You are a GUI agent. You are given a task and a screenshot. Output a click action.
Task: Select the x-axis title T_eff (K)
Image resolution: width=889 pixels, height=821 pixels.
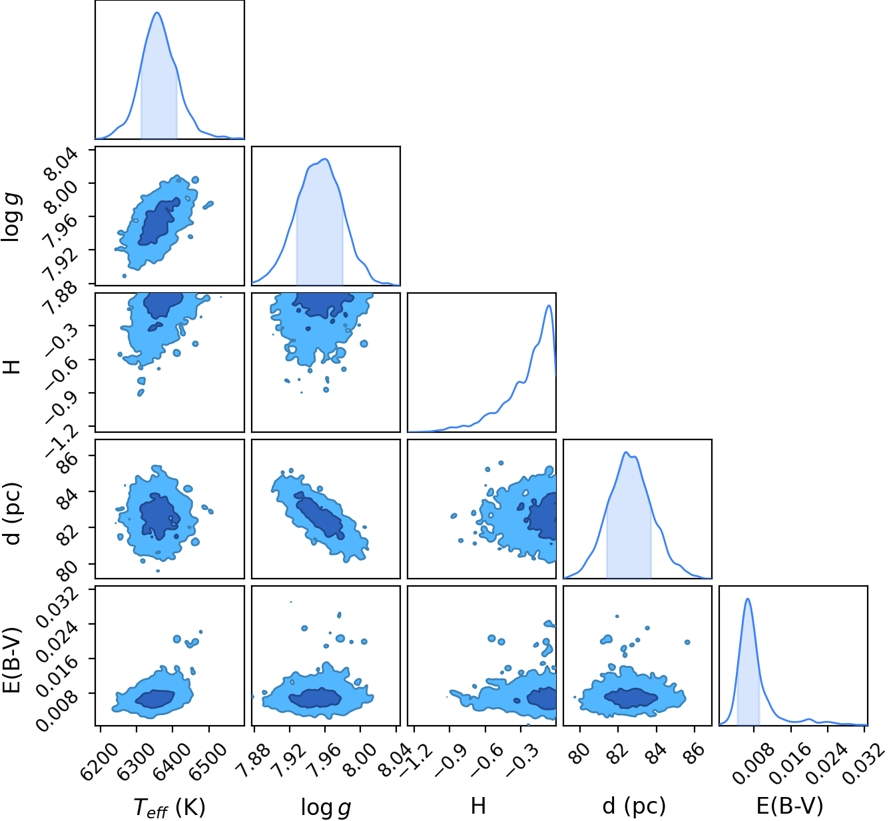[x=170, y=806]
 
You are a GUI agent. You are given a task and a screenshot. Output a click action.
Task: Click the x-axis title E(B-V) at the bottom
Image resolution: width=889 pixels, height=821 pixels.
[x=790, y=805]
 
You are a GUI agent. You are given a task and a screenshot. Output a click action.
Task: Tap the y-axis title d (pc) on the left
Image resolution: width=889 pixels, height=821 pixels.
[x=13, y=513]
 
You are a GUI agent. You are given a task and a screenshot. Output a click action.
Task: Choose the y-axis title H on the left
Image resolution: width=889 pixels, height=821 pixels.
[x=13, y=367]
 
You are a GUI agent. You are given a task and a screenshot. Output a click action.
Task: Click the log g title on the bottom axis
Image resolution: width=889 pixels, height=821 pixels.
[x=326, y=806]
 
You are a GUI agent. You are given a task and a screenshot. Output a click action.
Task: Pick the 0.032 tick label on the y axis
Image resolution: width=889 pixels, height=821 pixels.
[x=58, y=606]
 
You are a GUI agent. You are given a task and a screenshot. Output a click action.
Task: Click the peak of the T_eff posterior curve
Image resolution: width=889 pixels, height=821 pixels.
[x=157, y=12]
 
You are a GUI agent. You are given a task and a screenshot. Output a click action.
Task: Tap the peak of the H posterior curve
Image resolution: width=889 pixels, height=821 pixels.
[x=549, y=306]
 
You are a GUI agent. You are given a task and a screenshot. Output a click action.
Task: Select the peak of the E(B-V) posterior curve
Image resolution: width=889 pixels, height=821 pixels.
[x=747, y=599]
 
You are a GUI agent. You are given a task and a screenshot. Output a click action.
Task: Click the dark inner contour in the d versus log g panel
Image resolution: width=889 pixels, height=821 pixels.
[x=320, y=515]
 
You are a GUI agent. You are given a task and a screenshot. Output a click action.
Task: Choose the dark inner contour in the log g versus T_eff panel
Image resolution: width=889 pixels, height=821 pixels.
[x=158, y=222]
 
